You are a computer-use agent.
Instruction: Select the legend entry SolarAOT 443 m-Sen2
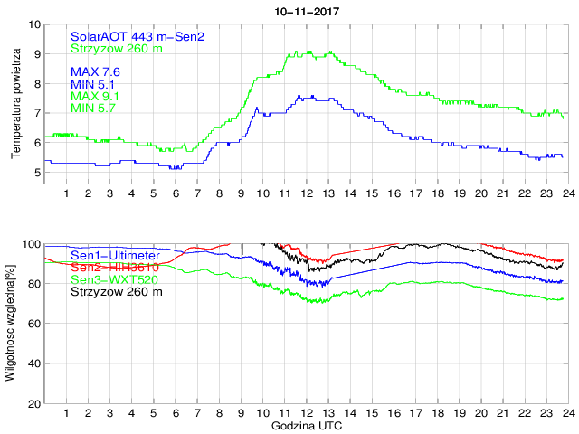(x=138, y=36)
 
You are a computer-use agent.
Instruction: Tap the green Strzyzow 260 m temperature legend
(x=117, y=48)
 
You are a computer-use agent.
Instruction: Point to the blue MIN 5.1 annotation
(x=92, y=85)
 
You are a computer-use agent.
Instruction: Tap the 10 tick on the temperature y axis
(x=33, y=24)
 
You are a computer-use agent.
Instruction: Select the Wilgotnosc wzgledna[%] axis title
(x=11, y=322)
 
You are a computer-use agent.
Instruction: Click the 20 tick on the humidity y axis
(x=33, y=403)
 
